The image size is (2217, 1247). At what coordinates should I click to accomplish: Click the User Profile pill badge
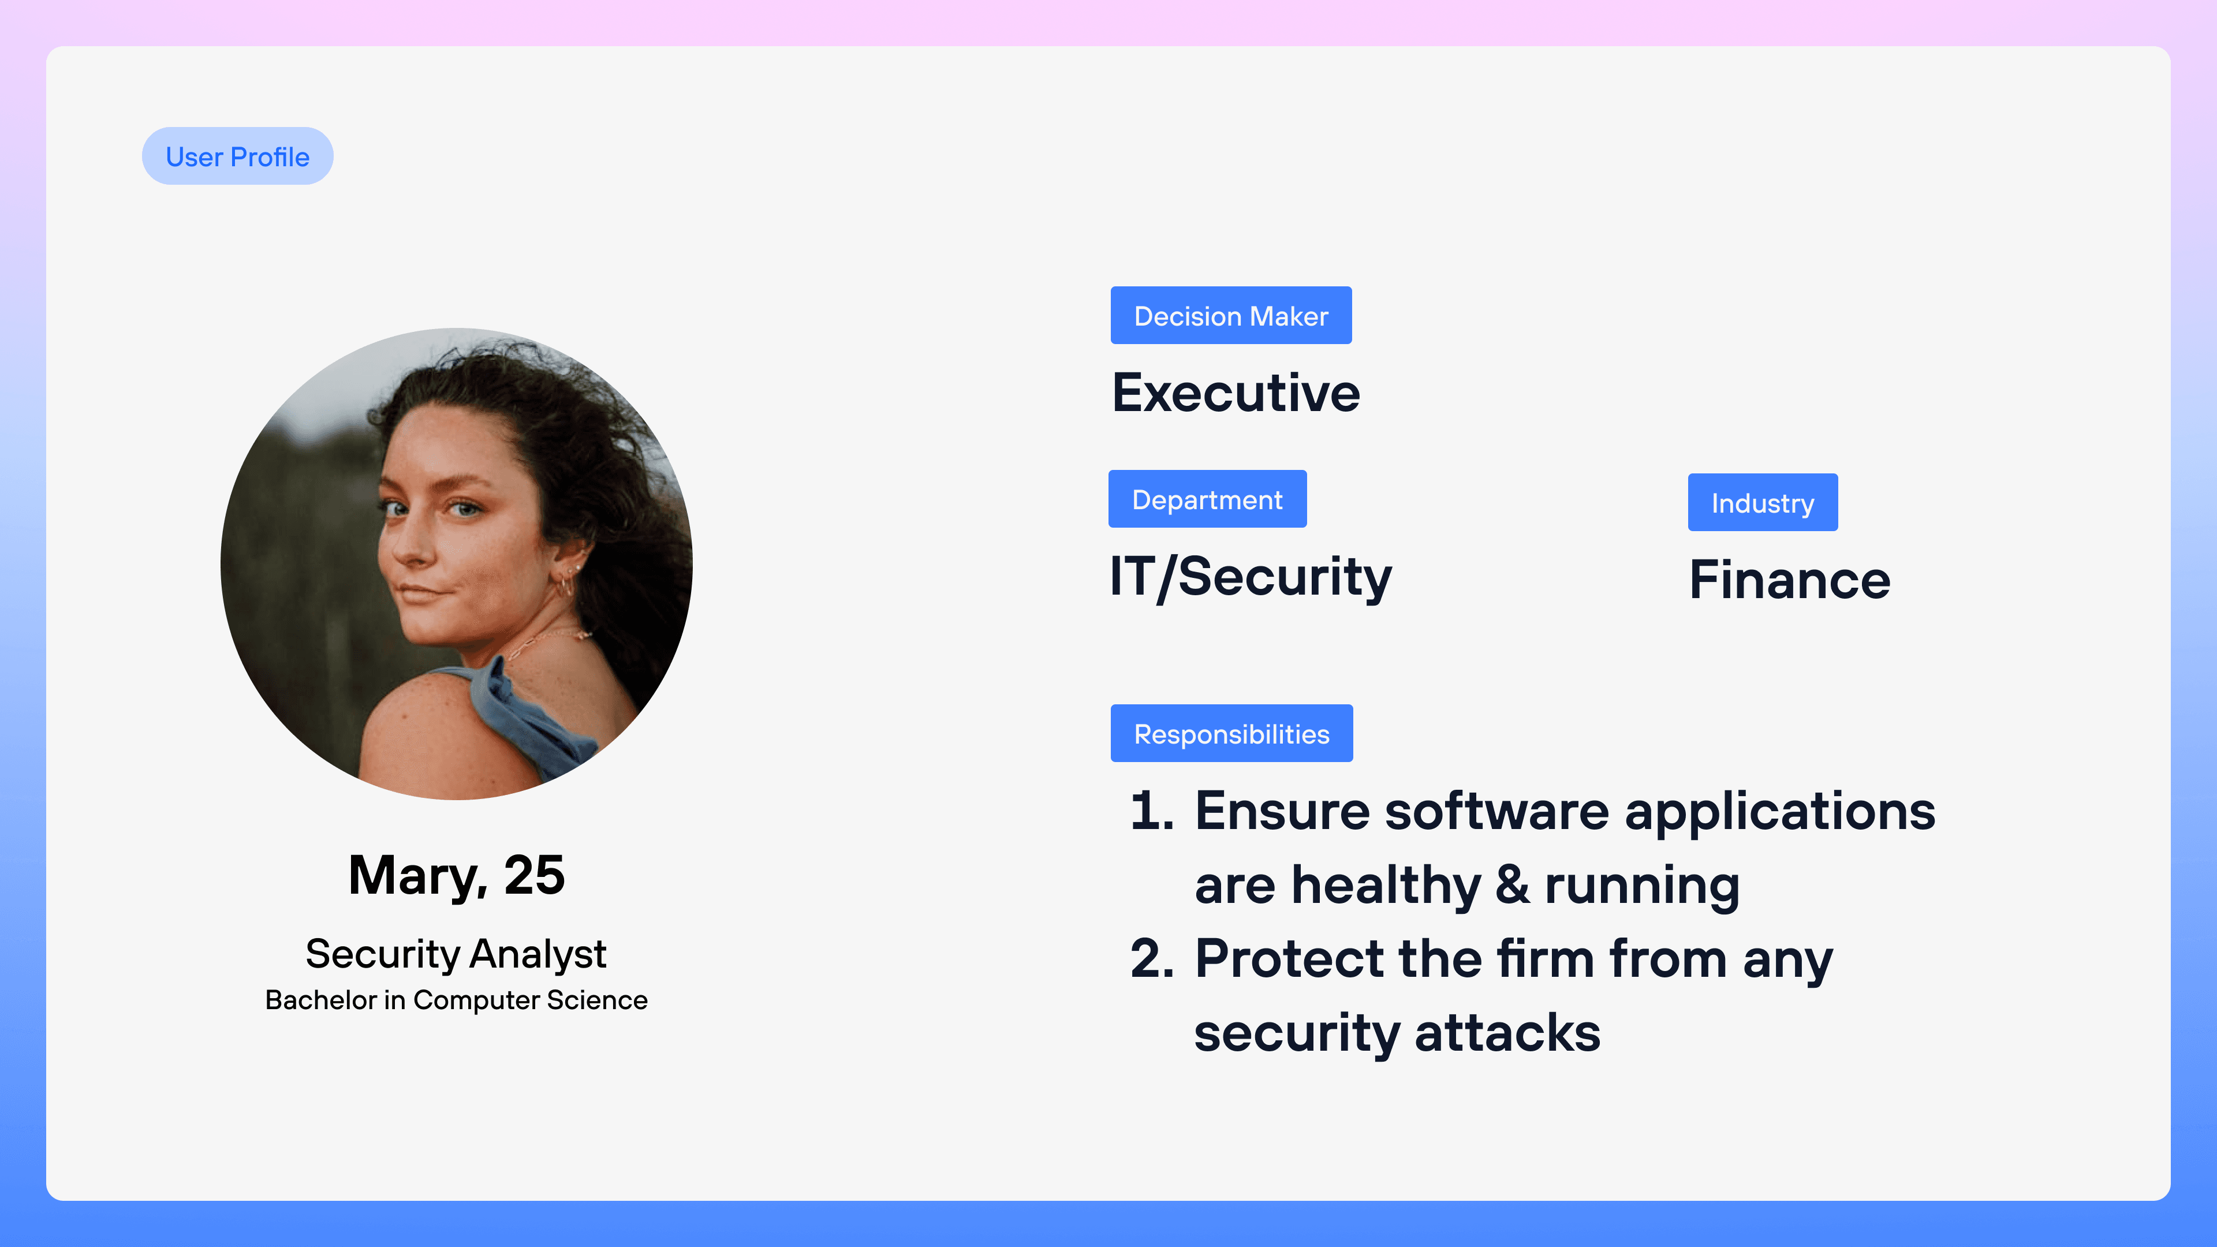coord(237,156)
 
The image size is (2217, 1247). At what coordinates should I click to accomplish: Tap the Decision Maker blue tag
coord(1231,315)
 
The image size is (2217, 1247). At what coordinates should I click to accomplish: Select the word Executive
coord(1236,393)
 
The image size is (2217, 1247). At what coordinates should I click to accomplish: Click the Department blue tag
coord(1207,499)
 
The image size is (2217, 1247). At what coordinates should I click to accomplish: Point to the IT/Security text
coord(1251,577)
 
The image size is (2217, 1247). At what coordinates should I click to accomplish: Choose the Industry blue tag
coord(1763,503)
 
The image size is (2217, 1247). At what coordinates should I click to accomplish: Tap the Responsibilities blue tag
coord(1231,733)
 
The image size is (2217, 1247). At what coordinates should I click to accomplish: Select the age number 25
coord(535,875)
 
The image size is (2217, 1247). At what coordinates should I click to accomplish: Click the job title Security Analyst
coord(456,954)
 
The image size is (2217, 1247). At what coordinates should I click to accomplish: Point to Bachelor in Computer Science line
coord(456,1000)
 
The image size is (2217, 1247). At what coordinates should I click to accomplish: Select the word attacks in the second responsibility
coord(1508,1033)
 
